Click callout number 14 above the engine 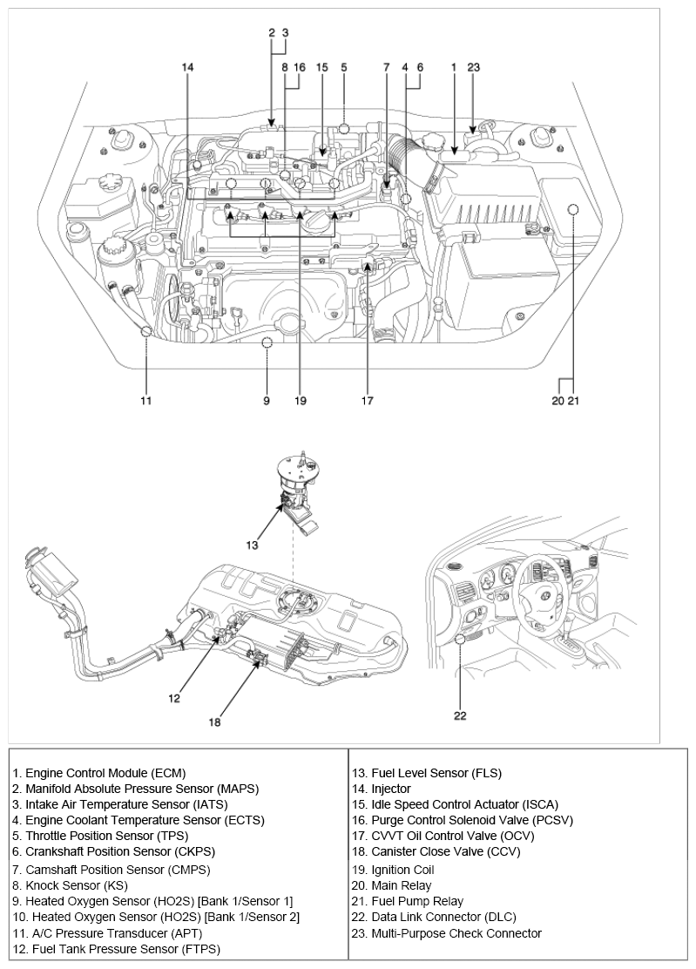point(188,67)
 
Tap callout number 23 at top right point(473,67)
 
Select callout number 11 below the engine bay point(146,401)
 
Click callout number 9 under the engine point(267,401)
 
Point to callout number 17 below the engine point(368,401)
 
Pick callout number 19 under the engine point(301,401)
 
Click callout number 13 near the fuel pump point(252,546)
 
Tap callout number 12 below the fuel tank point(174,697)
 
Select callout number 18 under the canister point(214,722)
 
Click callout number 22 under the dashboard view point(460,716)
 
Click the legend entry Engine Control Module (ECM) point(99,773)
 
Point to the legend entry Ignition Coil point(393,870)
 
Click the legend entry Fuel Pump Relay point(408,901)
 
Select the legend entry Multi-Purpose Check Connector point(446,933)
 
